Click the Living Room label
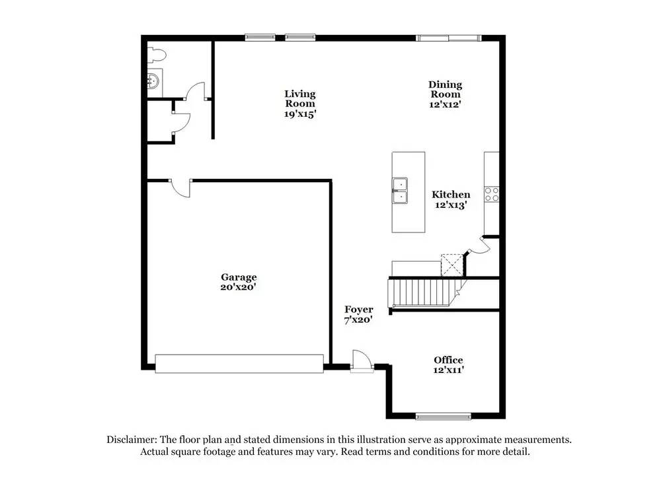[x=300, y=99]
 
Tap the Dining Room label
[x=445, y=89]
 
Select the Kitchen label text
[x=451, y=194]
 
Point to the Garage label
[x=239, y=277]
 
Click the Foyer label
[x=359, y=310]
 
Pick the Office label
[x=448, y=360]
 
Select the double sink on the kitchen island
[x=399, y=190]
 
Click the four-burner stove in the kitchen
[x=492, y=194]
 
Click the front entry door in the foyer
[x=362, y=361]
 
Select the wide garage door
[x=239, y=363]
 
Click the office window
[x=443, y=416]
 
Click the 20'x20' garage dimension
[x=239, y=287]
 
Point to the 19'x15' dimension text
[x=300, y=114]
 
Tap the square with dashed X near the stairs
[x=453, y=265]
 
